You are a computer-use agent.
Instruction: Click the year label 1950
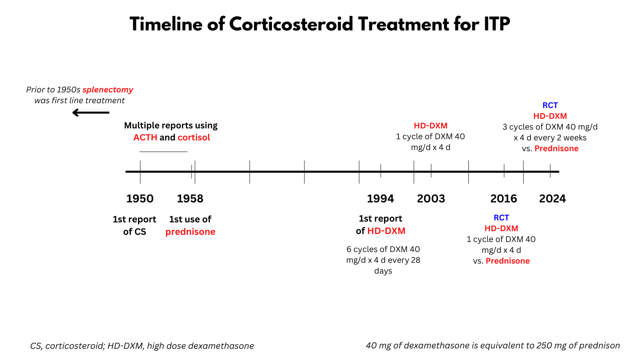(140, 198)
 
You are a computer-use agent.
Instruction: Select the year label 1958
(190, 198)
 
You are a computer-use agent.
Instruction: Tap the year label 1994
(380, 198)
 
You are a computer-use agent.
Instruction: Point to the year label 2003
(431, 198)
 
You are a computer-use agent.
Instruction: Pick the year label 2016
(504, 198)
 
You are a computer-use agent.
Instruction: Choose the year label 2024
(552, 198)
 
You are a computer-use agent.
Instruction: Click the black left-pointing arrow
(91, 113)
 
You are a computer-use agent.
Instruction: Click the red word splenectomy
(108, 90)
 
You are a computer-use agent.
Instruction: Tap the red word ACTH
(145, 137)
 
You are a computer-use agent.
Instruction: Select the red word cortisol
(194, 137)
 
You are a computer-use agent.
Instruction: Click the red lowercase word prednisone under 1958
(190, 232)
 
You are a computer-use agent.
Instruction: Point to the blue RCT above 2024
(550, 105)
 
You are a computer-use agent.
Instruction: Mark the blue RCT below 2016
(501, 218)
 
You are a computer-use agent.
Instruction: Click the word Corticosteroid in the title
(291, 24)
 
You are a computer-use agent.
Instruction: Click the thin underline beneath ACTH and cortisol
(163, 152)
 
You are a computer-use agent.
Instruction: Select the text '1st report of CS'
(134, 225)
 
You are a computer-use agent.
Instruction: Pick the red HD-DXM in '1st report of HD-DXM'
(386, 231)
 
